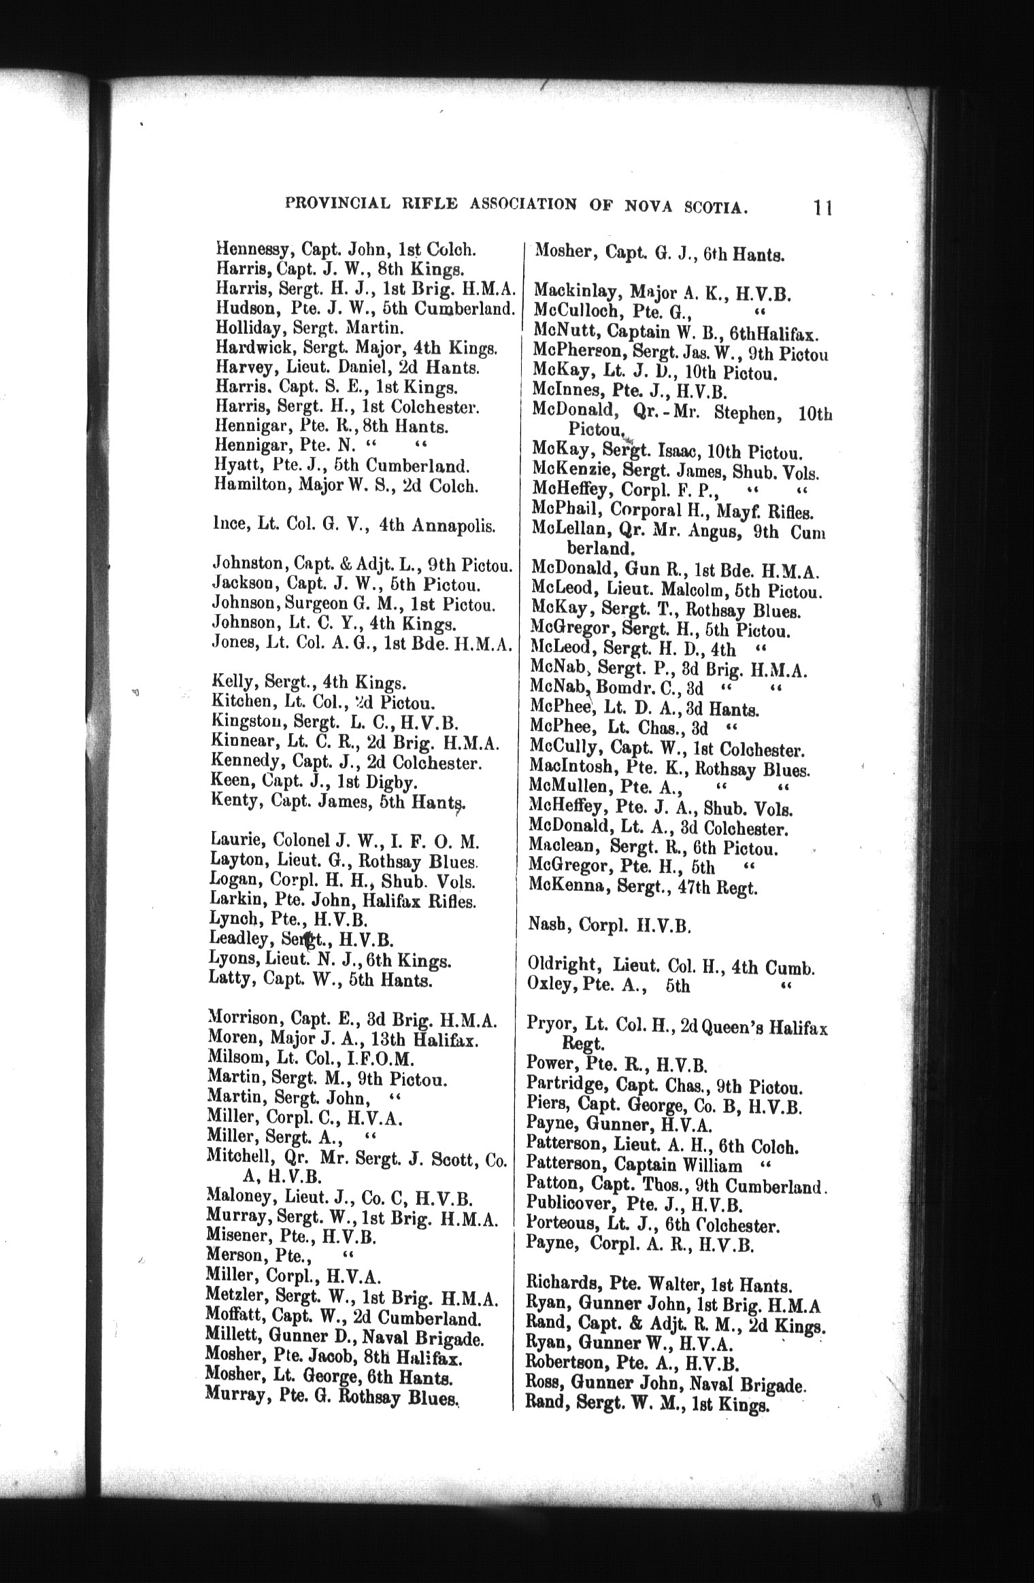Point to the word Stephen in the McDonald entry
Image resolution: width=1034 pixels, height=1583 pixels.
(747, 414)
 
